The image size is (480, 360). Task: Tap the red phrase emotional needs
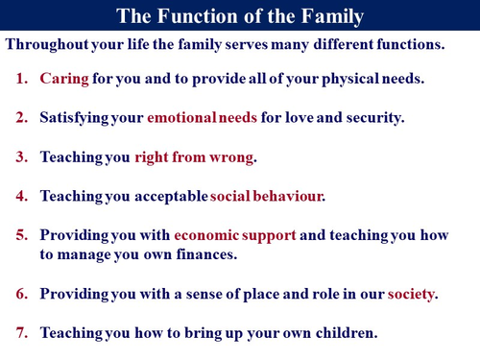click(198, 118)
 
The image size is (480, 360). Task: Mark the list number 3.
click(22, 157)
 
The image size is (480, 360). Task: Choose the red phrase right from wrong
click(195, 157)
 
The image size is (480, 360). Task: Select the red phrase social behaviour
click(268, 197)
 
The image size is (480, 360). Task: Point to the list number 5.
click(22, 236)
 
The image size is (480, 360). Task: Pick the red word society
click(410, 294)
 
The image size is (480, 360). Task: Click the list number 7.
click(22, 333)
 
